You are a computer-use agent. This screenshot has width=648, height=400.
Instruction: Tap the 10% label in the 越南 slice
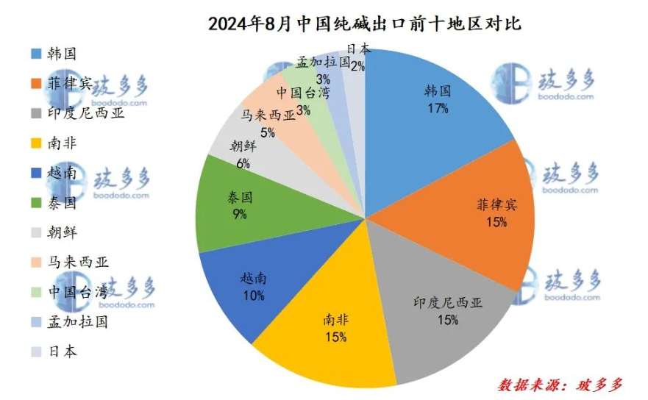[x=253, y=295]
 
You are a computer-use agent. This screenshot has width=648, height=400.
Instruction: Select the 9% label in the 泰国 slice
[x=241, y=215]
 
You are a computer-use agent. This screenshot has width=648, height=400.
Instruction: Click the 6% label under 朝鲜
[x=243, y=163]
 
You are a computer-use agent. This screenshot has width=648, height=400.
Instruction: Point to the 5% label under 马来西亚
[x=267, y=132]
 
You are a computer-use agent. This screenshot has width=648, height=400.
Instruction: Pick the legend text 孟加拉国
[x=78, y=322]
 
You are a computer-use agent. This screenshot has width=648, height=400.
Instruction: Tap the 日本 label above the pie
[x=358, y=50]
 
